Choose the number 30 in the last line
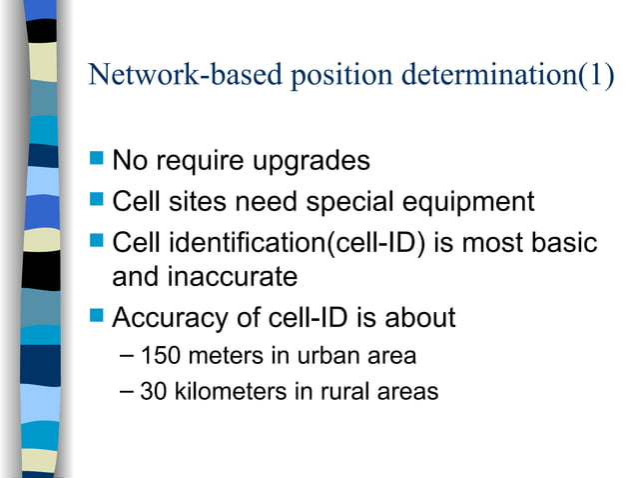pyautogui.click(x=154, y=392)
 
